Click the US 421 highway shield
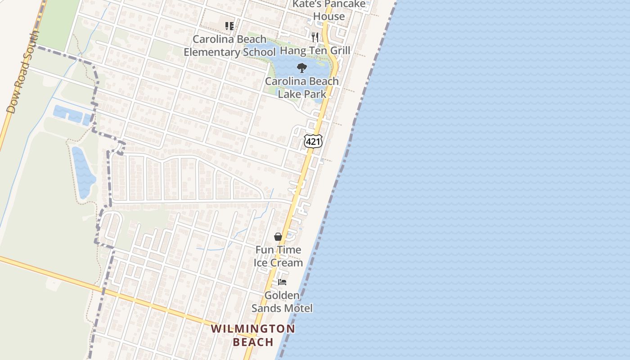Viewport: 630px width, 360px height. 313,142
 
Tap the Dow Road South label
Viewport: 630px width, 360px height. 22,72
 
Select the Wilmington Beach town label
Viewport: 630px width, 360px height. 253,335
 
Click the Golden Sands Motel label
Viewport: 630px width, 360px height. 282,301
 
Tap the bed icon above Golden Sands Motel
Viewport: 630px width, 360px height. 282,282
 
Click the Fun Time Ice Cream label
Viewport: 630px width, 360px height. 278,256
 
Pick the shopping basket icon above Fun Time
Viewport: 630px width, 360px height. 278,237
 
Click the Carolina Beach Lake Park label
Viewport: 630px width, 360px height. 301,87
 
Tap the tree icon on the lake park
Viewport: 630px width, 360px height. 301,68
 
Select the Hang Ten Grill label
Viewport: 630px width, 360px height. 315,50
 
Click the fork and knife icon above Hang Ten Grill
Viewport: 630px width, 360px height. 315,37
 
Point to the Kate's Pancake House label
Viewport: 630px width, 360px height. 329,10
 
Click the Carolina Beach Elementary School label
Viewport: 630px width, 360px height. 229,45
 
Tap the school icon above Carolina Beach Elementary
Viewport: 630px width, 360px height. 229,26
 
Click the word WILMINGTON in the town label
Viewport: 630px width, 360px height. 253,328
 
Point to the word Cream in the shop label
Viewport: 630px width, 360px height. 286,262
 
